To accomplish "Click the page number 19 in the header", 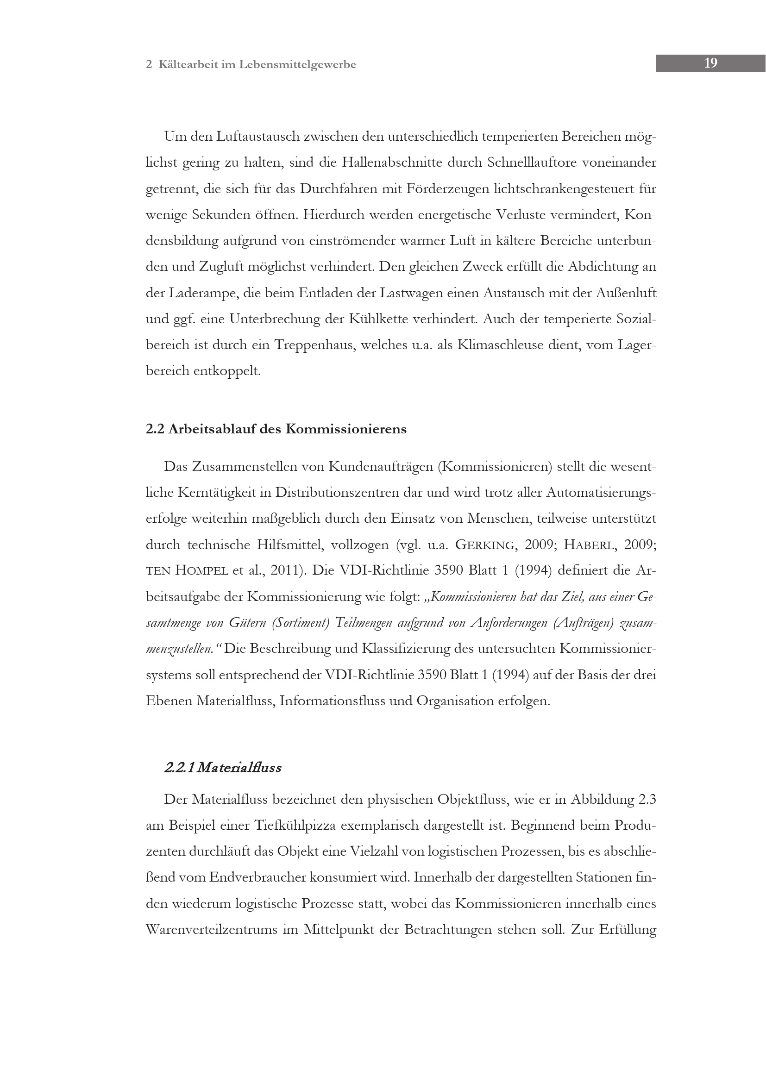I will click(710, 63).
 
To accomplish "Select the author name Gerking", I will click(484, 545).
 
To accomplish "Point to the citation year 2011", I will click(285, 571).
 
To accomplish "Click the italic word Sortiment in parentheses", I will click(300, 623).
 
